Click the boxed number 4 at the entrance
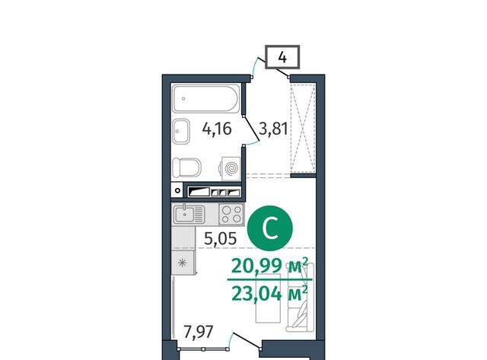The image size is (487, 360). pyautogui.click(x=282, y=57)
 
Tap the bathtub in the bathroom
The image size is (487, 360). pyautogui.click(x=206, y=98)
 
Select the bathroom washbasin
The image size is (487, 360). pyautogui.click(x=181, y=132)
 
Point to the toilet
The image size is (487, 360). pyautogui.click(x=186, y=167)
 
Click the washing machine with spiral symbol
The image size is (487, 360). pyautogui.click(x=231, y=168)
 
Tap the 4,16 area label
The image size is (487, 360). pyautogui.click(x=217, y=129)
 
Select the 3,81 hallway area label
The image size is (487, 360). pyautogui.click(x=273, y=129)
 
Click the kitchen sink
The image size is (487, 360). pyautogui.click(x=189, y=215)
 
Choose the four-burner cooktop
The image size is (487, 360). pyautogui.click(x=231, y=215)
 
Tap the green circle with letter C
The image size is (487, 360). pyautogui.click(x=270, y=228)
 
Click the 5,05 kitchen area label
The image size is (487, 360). pyautogui.click(x=221, y=238)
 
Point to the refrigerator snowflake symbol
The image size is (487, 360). pyautogui.click(x=183, y=263)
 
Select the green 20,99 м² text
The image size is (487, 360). pyautogui.click(x=270, y=266)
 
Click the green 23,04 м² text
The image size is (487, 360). pyautogui.click(x=270, y=293)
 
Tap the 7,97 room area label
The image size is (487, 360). pyautogui.click(x=199, y=332)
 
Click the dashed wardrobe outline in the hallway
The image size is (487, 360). pyautogui.click(x=303, y=129)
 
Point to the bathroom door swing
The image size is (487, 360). pyautogui.click(x=252, y=130)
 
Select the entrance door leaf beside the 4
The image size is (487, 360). pyautogui.click(x=277, y=69)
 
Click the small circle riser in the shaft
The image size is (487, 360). pyautogui.click(x=177, y=190)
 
